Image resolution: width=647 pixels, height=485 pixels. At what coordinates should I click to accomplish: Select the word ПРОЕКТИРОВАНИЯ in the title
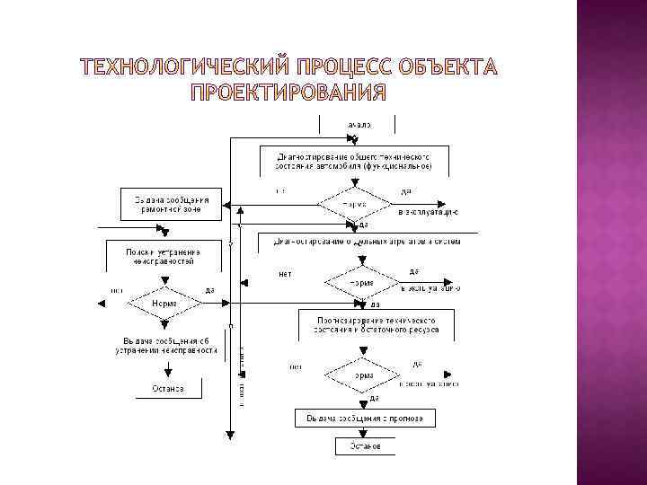click(287, 93)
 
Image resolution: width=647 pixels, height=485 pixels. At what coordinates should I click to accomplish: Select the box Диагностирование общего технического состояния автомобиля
click(353, 160)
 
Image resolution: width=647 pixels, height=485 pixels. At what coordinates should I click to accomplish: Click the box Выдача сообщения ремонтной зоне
click(172, 203)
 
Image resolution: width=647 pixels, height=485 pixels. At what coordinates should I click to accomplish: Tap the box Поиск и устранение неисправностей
click(163, 256)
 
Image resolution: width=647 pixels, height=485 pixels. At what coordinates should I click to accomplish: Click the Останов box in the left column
click(162, 388)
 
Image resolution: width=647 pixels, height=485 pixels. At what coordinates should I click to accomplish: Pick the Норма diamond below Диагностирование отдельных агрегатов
click(360, 283)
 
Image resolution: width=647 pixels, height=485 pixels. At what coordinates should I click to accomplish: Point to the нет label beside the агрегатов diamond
click(286, 273)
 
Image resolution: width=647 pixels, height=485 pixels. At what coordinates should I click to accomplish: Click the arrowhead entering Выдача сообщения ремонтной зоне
click(226, 203)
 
